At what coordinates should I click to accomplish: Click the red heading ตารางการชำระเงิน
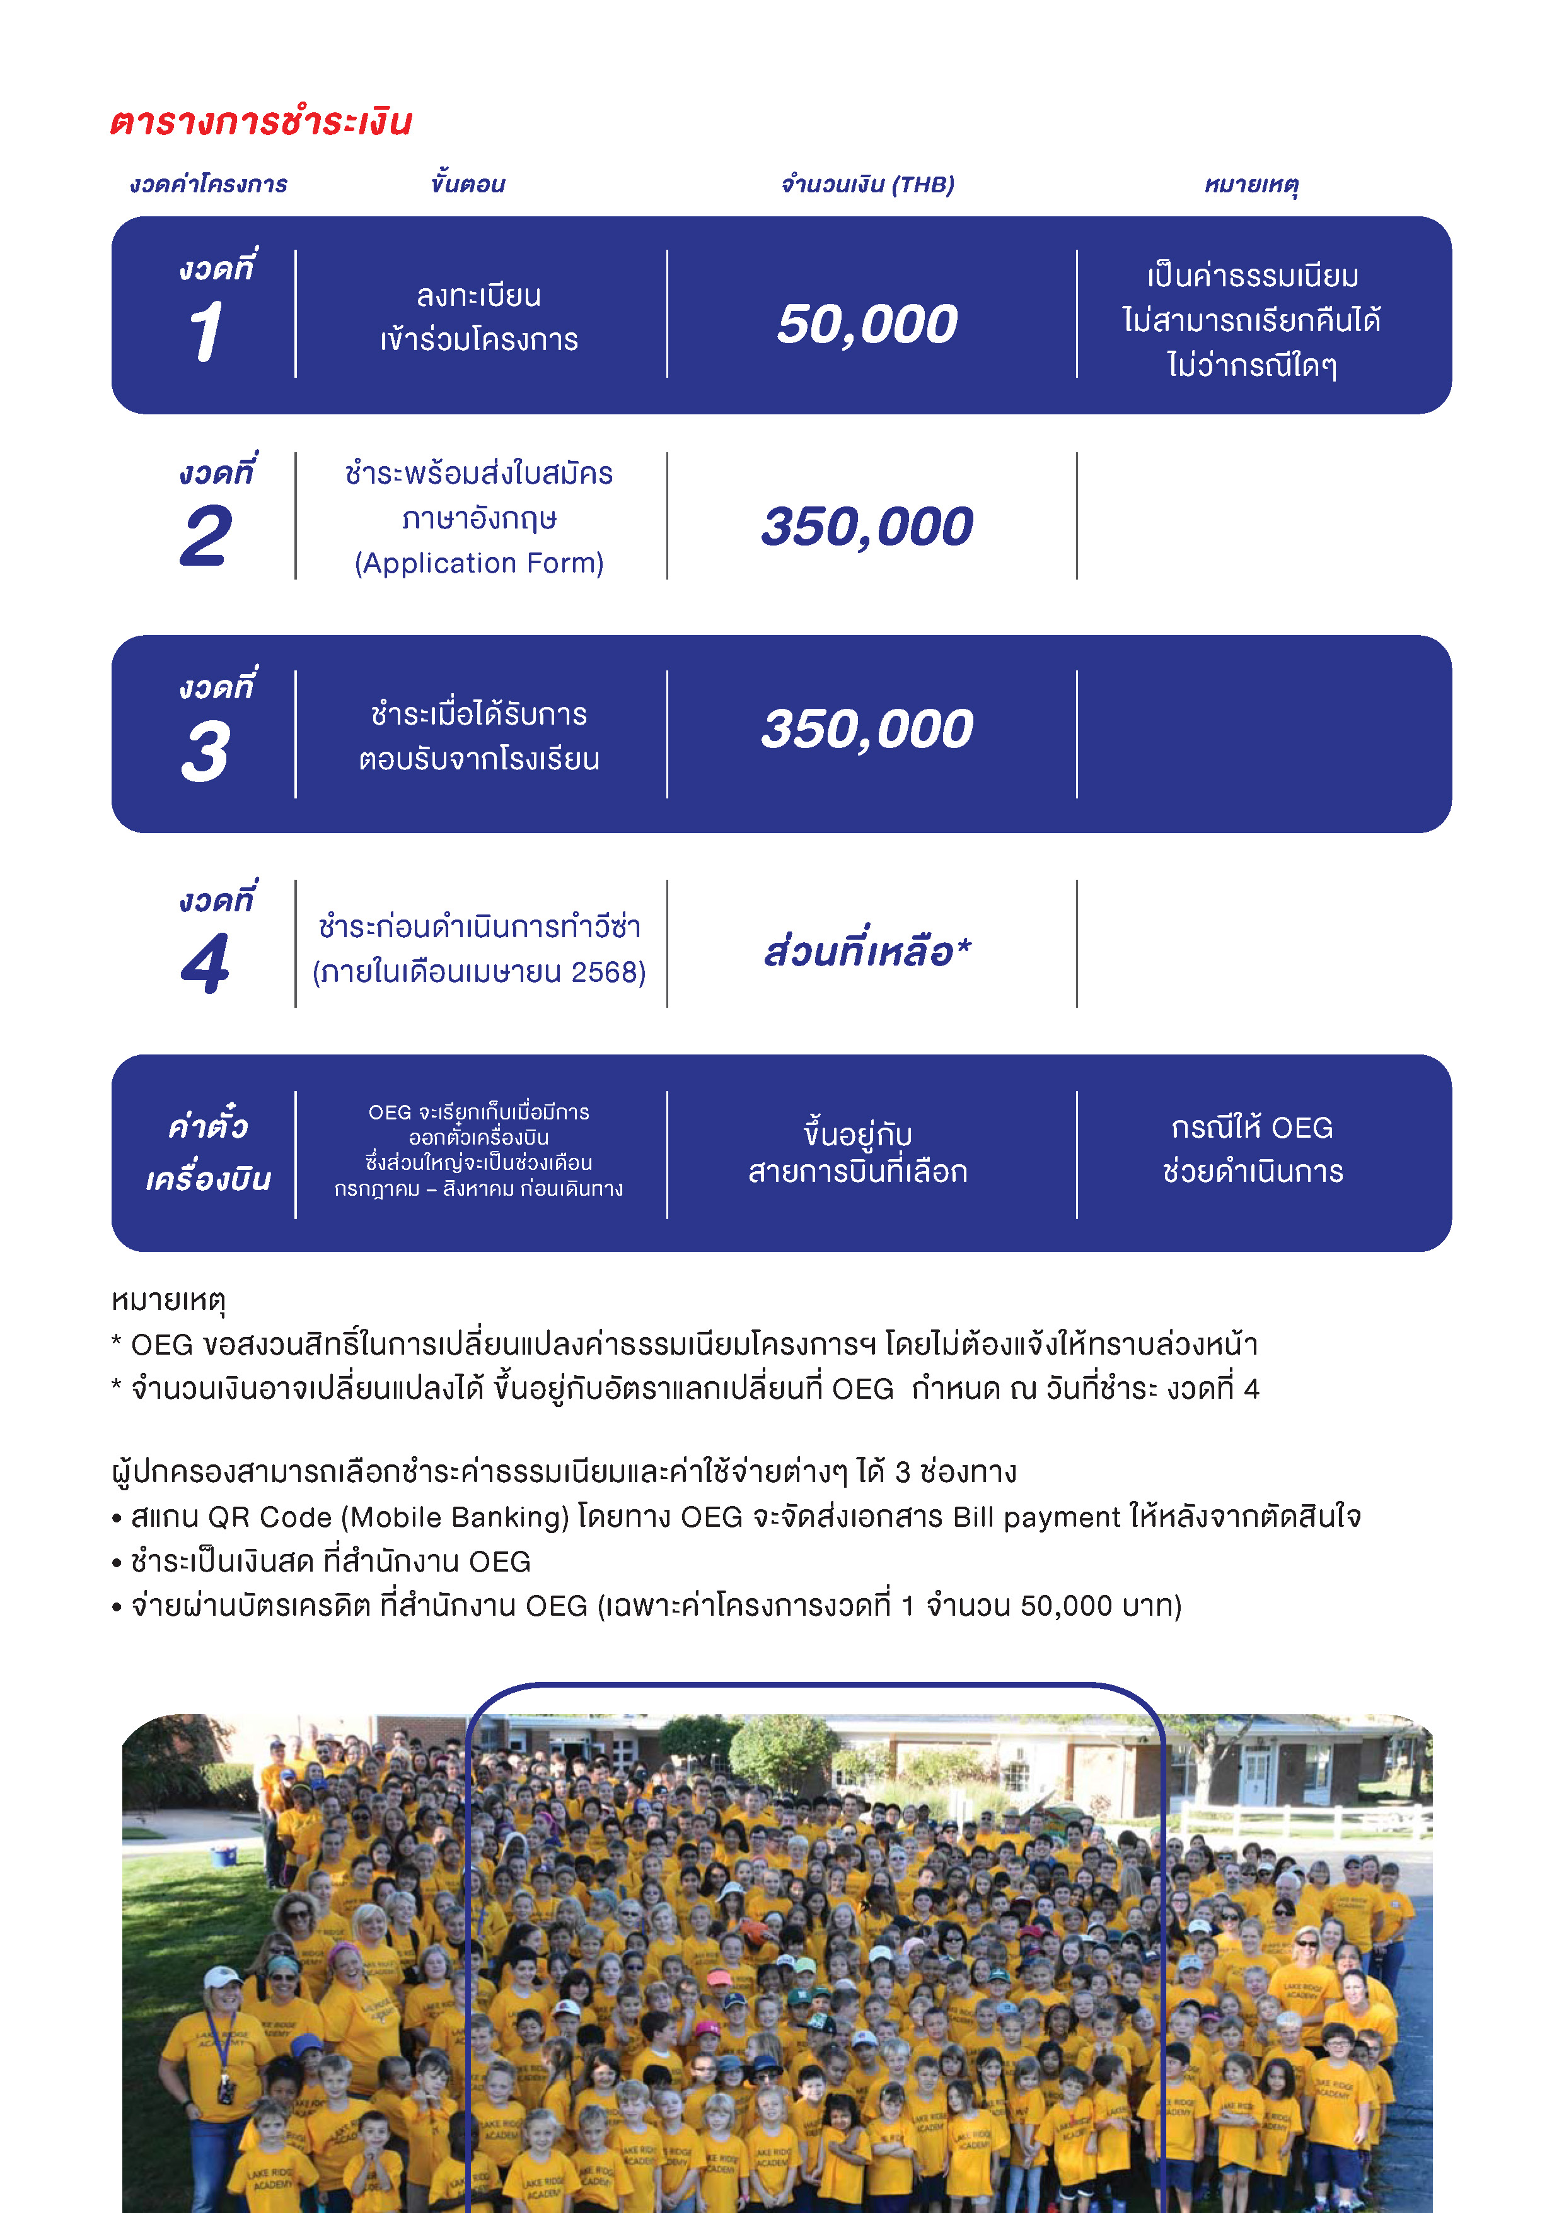pyautogui.click(x=260, y=122)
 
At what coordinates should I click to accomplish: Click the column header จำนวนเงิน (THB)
pyautogui.click(x=867, y=184)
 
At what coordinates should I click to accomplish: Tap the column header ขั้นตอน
pyautogui.click(x=468, y=183)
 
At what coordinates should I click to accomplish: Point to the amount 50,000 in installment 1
pyautogui.click(x=867, y=324)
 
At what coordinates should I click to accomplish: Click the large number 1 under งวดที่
pyautogui.click(x=206, y=332)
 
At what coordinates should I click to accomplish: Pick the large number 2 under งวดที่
pyautogui.click(x=206, y=536)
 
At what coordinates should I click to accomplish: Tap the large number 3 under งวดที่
pyautogui.click(x=206, y=751)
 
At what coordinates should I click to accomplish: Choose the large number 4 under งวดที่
pyautogui.click(x=206, y=963)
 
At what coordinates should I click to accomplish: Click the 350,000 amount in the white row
pyautogui.click(x=867, y=526)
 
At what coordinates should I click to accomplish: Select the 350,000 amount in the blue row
pyautogui.click(x=867, y=728)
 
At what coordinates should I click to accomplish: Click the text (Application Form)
pyautogui.click(x=479, y=563)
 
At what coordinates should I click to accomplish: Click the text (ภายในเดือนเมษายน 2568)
pyautogui.click(x=479, y=972)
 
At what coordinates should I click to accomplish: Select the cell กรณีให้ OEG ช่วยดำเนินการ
pyautogui.click(x=1252, y=1149)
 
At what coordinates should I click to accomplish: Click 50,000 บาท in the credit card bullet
pyautogui.click(x=1095, y=1606)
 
